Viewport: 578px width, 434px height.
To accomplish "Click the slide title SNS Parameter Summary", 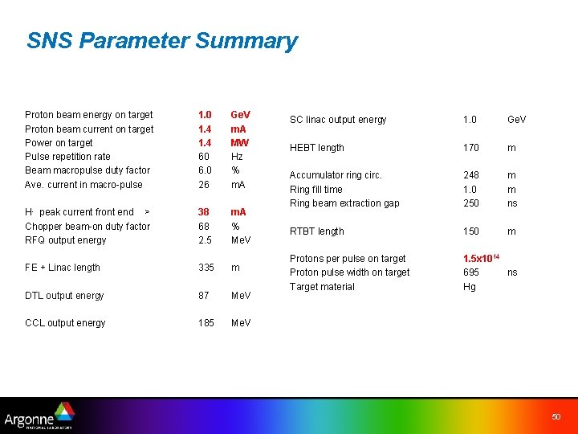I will pos(161,41).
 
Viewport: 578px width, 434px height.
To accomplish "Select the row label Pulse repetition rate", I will pos(67,157).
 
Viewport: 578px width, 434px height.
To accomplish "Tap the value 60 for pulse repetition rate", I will pos(204,157).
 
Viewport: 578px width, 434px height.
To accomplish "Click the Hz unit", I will pos(236,157).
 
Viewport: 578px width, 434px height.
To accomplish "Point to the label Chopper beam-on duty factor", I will pos(88,227).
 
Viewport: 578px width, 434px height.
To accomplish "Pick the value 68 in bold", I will pos(204,227).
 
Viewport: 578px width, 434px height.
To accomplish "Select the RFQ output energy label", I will pos(65,240).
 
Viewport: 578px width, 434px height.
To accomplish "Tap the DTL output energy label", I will pos(64,296).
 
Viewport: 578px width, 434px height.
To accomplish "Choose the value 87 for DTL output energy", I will pos(204,296).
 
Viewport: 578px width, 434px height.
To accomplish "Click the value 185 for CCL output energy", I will pos(206,323).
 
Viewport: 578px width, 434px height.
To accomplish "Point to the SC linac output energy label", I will pos(338,120).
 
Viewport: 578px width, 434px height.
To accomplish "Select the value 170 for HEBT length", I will pos(471,148).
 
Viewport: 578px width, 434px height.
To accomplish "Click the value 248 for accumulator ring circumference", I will pos(471,175).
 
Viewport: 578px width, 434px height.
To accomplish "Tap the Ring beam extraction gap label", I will pos(344,203).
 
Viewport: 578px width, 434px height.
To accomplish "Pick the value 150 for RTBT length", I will pos(471,231).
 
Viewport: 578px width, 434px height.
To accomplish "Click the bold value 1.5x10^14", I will pos(481,258).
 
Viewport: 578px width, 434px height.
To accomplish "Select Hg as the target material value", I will pos(470,287).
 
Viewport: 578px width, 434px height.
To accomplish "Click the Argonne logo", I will pos(39,416).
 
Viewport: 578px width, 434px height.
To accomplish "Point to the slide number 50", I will pos(556,416).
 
